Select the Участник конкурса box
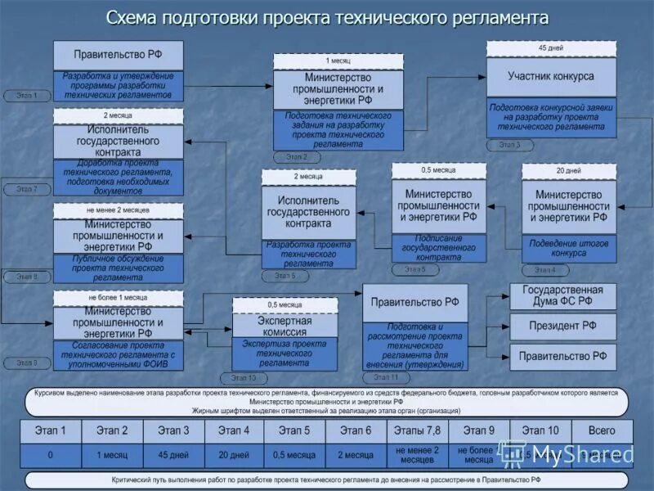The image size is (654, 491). pos(550,77)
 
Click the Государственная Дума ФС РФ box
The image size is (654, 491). pos(562,295)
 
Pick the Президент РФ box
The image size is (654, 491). pos(562,326)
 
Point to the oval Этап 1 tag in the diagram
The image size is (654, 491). pos(26,96)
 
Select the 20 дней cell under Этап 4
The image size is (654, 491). pos(235,455)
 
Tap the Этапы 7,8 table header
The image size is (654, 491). pos(418,430)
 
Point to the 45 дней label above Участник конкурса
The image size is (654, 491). pos(550,48)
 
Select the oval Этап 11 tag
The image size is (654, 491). pos(385,377)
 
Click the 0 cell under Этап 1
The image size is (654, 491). pos(51,455)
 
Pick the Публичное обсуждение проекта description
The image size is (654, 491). pos(119,268)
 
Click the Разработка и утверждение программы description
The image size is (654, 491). pos(119,85)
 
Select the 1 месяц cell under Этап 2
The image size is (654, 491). pos(112,455)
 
